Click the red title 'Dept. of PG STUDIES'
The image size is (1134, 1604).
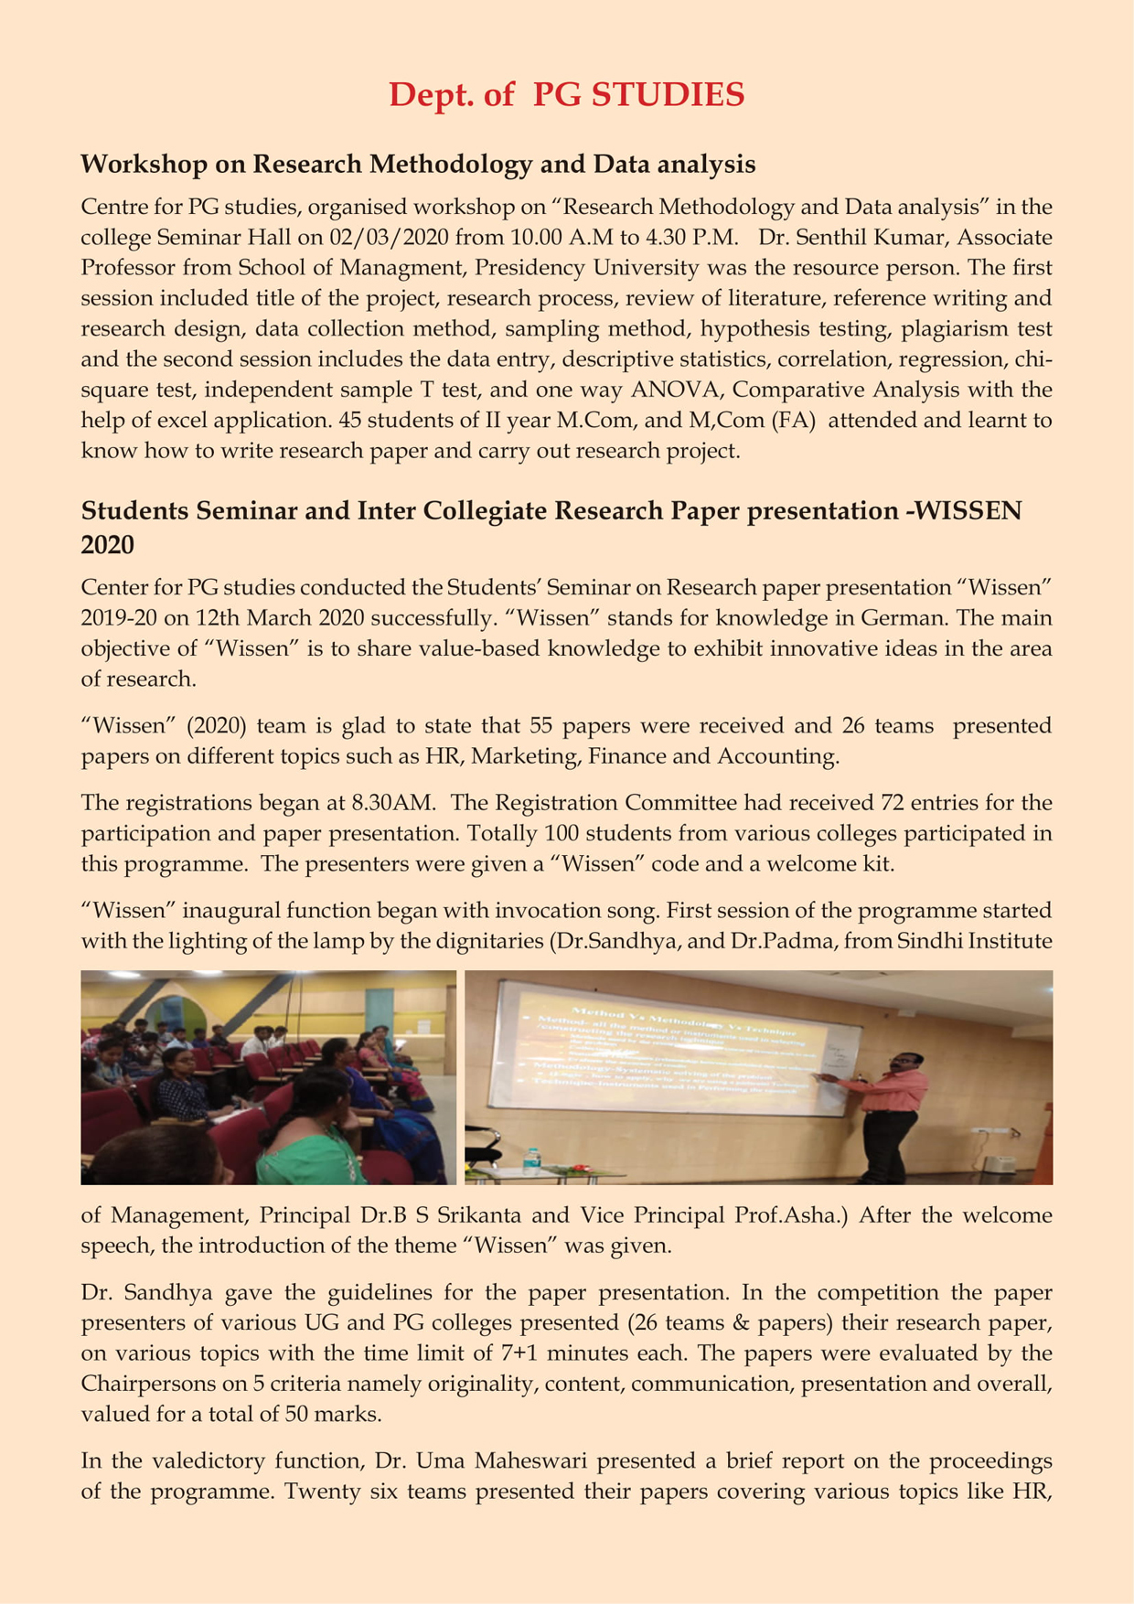click(566, 94)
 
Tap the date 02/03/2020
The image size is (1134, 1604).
click(399, 238)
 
